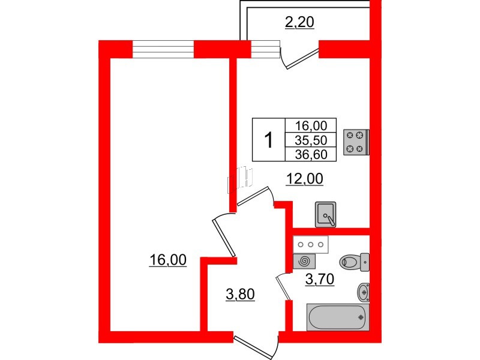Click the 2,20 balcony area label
[299, 23]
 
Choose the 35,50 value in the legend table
[311, 140]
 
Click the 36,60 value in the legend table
[311, 155]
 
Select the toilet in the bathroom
[354, 262]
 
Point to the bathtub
[337, 317]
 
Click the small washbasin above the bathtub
[363, 292]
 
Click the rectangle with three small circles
[311, 244]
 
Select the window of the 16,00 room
[163, 49]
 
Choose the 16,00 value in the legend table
[311, 125]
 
